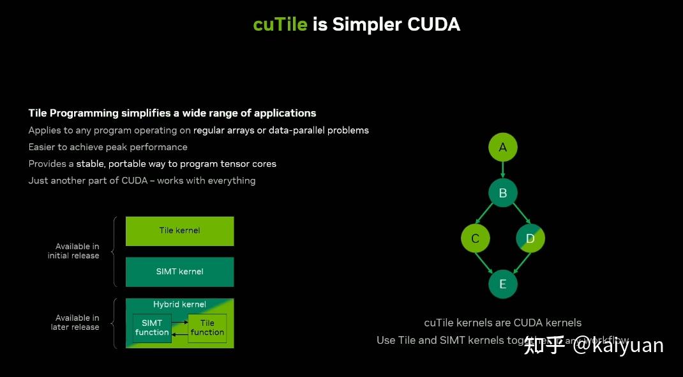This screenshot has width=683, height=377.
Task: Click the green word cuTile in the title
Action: tap(280, 24)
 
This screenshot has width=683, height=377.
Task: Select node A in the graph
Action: tap(502, 148)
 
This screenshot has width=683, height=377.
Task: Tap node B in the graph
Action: tap(502, 193)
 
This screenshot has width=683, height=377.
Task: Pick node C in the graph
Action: tap(475, 238)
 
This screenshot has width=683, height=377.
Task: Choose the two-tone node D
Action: tap(530, 238)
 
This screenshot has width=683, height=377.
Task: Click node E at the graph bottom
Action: tap(502, 284)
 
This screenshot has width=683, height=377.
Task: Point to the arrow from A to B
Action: tap(502, 170)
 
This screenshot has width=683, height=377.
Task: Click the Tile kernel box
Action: tap(179, 231)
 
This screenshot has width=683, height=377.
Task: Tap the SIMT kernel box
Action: tap(179, 272)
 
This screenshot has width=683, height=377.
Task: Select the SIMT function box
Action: tap(152, 328)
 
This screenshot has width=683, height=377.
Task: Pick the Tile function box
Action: tap(207, 328)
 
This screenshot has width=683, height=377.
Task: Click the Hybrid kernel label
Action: tap(179, 304)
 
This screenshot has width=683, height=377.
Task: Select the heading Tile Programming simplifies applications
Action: tap(172, 113)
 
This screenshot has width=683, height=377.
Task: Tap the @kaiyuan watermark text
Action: tap(618, 346)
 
